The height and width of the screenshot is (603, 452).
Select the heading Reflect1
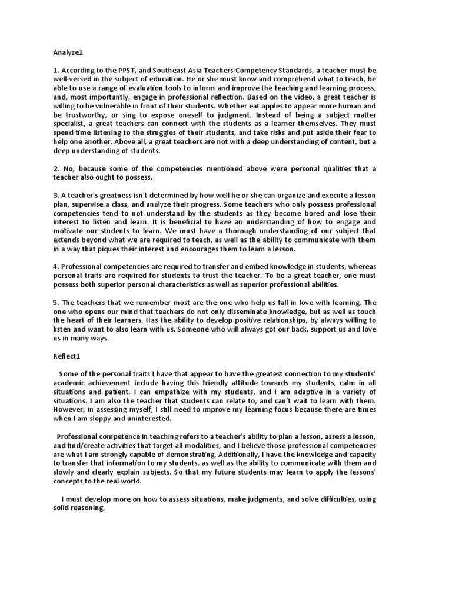click(68, 356)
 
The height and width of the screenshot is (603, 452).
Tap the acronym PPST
click(126, 69)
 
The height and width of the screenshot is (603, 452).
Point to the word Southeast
click(178, 69)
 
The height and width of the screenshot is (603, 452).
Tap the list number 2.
click(55, 169)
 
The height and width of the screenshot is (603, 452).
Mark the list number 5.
click(55, 302)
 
